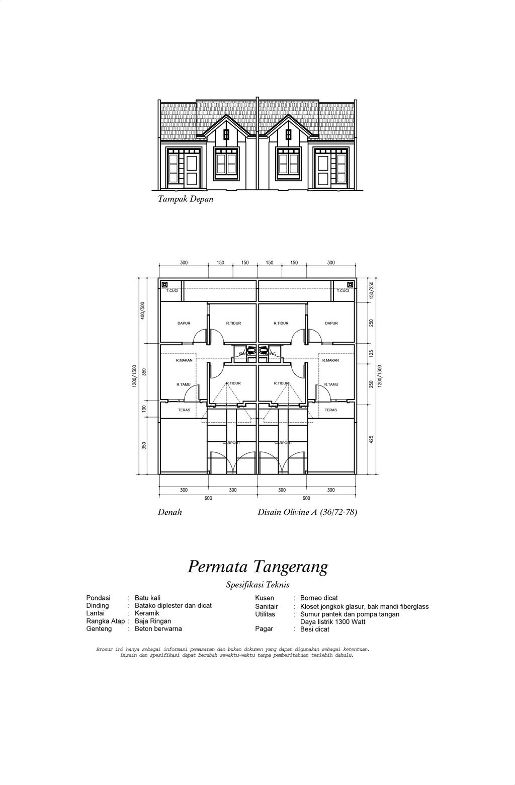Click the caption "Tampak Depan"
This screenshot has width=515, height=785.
click(x=186, y=199)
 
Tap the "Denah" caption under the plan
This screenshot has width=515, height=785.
click(x=170, y=512)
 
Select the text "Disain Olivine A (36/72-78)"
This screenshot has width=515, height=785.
click(x=307, y=512)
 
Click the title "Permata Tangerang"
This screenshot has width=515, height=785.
click(x=257, y=566)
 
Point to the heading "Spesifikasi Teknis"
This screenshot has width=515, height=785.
click(x=257, y=584)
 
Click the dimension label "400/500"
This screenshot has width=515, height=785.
click(x=143, y=311)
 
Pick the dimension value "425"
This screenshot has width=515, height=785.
click(x=372, y=439)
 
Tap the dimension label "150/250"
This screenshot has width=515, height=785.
click(x=372, y=290)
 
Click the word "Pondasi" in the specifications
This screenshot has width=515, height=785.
click(x=98, y=598)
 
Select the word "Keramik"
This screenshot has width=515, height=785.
click(x=147, y=613)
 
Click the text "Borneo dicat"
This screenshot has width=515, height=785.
click(x=319, y=598)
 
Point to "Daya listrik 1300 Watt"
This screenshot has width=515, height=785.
click(x=332, y=621)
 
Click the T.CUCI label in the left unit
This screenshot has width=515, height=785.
click(x=172, y=290)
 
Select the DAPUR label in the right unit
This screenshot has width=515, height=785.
click(x=331, y=323)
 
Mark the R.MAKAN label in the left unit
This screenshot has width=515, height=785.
click(x=184, y=360)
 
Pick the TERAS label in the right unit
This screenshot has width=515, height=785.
click(x=330, y=410)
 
